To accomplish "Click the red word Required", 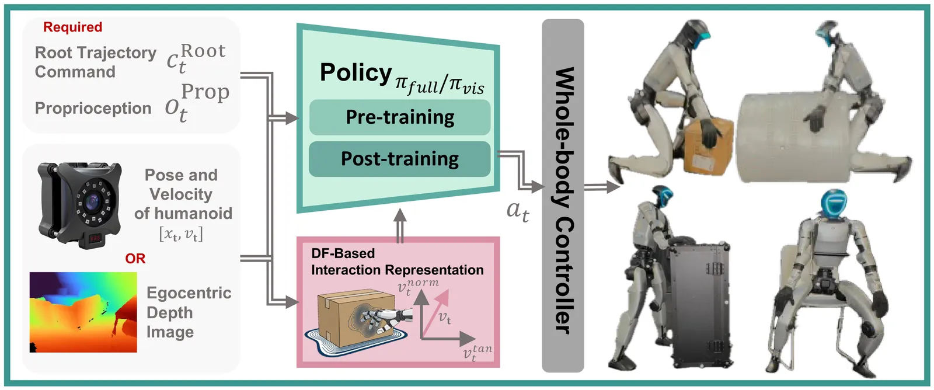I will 72,27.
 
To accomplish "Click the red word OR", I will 135,258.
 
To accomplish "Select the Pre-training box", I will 400,117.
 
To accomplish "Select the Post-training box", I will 400,159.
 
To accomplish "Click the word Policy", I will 356,73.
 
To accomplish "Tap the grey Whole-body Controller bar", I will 563,196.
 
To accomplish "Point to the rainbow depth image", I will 83,312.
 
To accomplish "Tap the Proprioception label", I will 93,109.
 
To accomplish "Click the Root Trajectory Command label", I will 95,62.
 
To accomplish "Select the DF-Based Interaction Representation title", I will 397,262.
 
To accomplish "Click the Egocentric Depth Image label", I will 188,312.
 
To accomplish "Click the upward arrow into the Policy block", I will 400,225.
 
